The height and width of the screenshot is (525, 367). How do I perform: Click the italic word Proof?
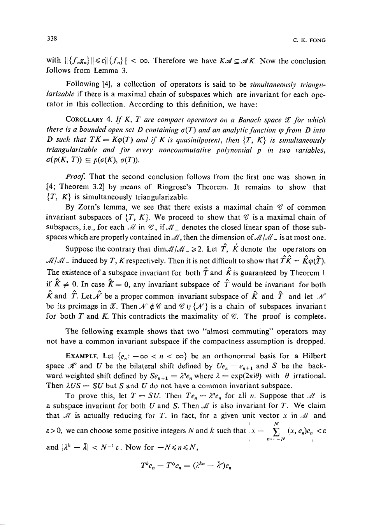point(74,177)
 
